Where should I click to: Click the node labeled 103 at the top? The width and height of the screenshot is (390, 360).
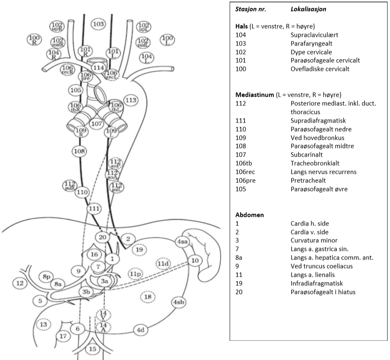pyautogui.click(x=98, y=24)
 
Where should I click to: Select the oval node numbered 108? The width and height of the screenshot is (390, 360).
pyautogui.click(x=79, y=151)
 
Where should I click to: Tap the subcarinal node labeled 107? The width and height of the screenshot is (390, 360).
pyautogui.click(x=96, y=123)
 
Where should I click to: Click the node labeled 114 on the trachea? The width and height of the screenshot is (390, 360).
pyautogui.click(x=98, y=67)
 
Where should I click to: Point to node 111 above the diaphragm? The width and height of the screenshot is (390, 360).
pyautogui.click(x=94, y=209)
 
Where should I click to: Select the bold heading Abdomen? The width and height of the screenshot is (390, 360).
pyautogui.click(x=249, y=214)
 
